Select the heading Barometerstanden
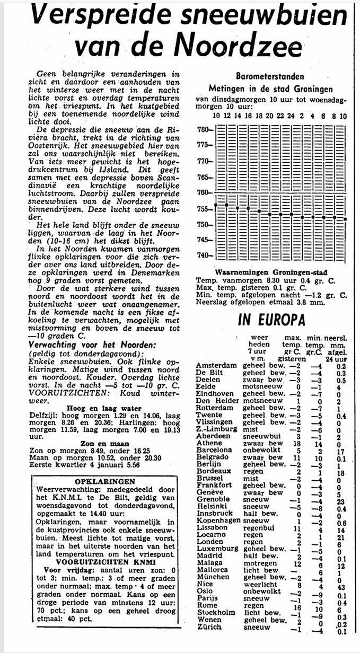click(270, 76)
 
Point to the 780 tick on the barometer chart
click(204, 129)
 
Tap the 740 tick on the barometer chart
click(204, 255)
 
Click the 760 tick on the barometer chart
click(204, 192)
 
